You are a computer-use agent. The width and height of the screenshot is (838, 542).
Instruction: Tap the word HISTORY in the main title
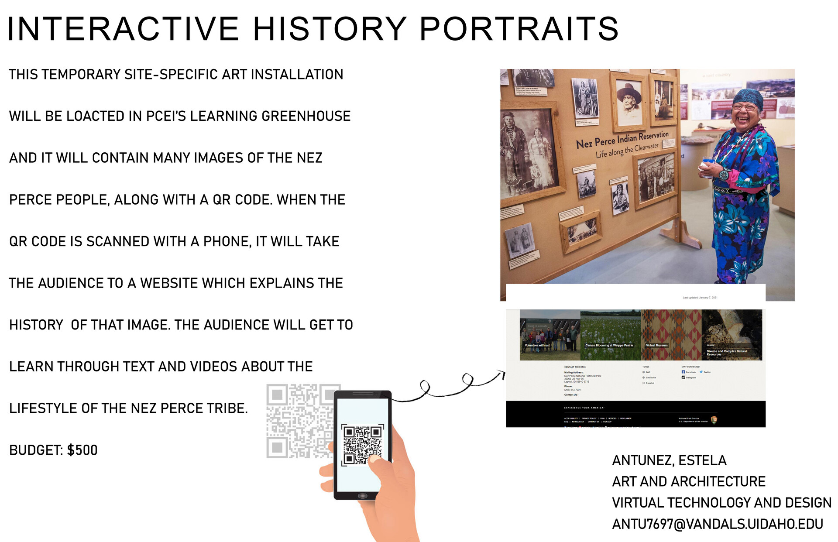(330, 29)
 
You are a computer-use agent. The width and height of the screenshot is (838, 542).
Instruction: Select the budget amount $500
(82, 450)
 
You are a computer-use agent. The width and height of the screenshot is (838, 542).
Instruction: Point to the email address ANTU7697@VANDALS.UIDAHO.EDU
(718, 524)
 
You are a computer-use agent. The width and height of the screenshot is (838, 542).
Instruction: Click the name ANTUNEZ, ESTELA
(669, 460)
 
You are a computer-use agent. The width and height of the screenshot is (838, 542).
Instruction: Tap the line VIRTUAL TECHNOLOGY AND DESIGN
(721, 503)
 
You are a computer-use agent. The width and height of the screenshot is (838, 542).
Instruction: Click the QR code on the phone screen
(362, 444)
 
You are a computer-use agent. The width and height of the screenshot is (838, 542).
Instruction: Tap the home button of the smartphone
(362, 496)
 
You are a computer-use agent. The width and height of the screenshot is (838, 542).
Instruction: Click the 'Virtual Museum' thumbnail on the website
(671, 335)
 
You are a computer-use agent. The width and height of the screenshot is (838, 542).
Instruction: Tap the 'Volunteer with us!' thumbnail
(550, 335)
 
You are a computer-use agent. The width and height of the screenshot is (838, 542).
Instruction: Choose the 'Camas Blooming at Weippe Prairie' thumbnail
(610, 335)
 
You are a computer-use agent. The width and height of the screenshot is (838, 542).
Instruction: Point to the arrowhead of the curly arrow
(502, 373)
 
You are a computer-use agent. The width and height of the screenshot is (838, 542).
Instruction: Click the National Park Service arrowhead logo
(714, 420)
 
